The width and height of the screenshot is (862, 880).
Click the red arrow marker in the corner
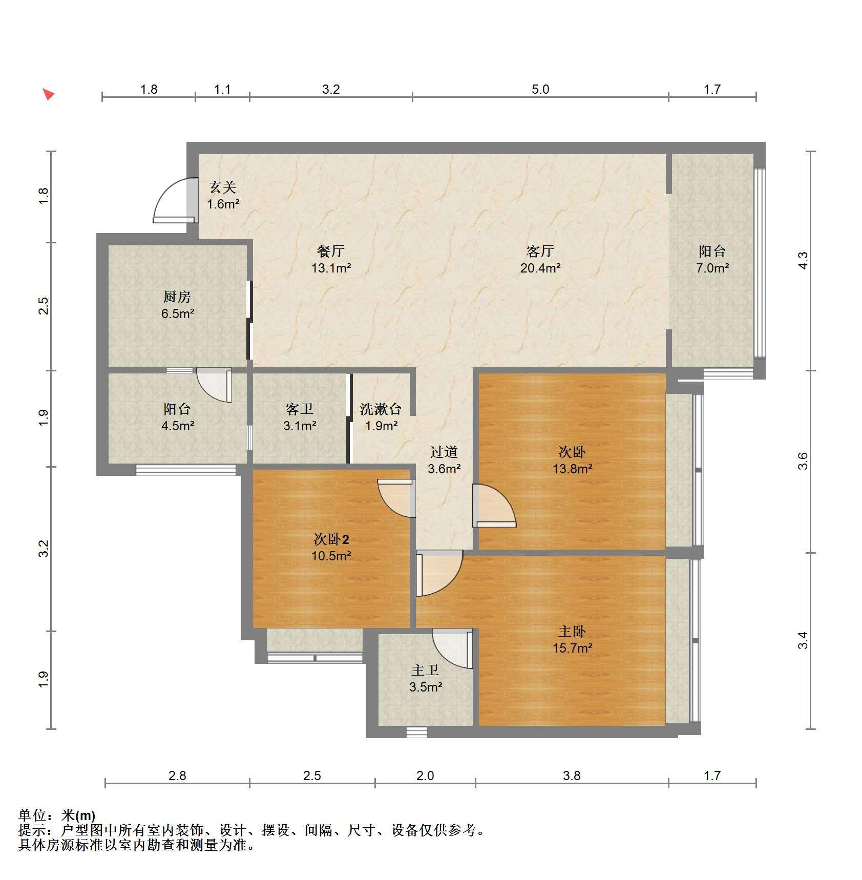click(49, 94)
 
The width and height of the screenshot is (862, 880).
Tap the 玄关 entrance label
click(222, 187)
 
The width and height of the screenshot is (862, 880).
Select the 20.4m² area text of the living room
click(540, 267)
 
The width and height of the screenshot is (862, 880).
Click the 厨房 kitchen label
click(177, 297)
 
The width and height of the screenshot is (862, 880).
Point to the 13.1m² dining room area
click(331, 267)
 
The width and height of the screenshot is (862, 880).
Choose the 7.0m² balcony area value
click(712, 267)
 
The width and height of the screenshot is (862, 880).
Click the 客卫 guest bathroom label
click(300, 409)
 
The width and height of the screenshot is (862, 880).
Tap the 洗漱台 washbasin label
click(381, 409)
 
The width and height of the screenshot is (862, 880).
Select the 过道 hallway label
click(444, 452)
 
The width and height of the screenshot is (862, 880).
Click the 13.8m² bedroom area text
click(572, 468)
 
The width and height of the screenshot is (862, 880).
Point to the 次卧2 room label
click(331, 539)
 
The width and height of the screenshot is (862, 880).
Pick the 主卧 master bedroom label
click(572, 631)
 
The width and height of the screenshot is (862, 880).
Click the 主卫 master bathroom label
click(425, 670)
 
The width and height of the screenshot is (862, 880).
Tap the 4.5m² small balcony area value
click(177, 425)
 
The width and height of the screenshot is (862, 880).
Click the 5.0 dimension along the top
click(540, 90)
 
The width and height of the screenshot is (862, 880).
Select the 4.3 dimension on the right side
click(803, 260)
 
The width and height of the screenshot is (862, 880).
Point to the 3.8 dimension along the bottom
click(572, 776)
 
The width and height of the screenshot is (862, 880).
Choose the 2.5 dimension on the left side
click(44, 306)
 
